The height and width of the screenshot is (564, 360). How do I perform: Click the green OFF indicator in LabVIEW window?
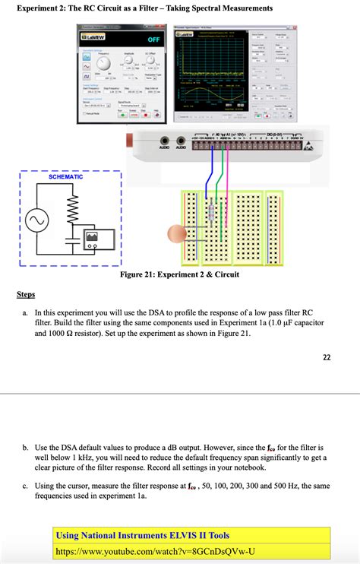pos(153,40)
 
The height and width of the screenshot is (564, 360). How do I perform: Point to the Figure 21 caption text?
pos(179,274)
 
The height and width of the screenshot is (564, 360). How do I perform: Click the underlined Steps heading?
pos(26,294)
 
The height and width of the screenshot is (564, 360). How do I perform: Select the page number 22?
pos(327,358)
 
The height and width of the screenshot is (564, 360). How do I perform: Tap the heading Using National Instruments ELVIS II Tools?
pos(143,536)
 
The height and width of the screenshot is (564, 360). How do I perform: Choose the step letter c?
pos(25,485)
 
